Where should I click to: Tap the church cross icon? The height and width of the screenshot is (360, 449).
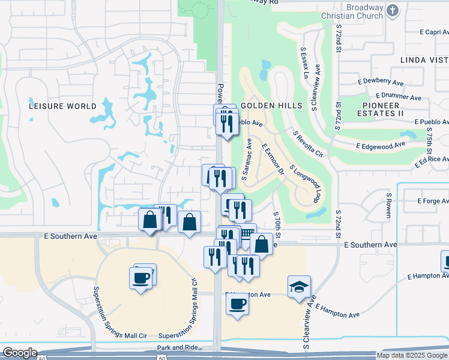point(392,10)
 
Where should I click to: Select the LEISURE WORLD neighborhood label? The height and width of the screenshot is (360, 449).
point(62,106)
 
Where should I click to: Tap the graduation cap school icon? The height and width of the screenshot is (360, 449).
point(299,287)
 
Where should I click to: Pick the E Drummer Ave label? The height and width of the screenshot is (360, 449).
point(399,96)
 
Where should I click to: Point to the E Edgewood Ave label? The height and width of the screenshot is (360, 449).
point(381,145)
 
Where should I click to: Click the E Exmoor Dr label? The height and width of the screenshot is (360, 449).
point(273,158)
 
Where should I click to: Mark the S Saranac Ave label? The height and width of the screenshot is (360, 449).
point(246,158)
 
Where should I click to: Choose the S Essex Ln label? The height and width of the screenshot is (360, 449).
point(304,64)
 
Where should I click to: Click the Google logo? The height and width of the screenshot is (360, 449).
point(20,353)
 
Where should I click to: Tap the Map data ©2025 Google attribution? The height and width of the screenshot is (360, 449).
point(411,355)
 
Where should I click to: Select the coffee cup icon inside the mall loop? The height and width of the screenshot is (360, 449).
point(141,278)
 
